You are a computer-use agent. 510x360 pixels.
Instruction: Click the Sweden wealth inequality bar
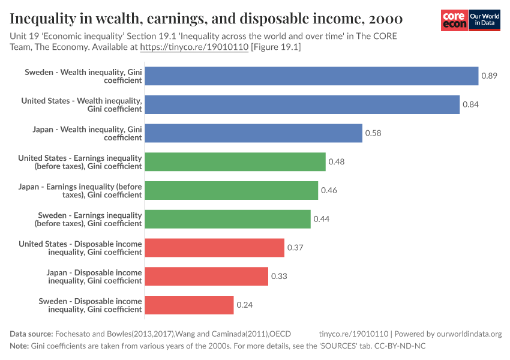coord(311,76)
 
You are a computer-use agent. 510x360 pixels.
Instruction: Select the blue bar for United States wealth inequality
coord(302,104)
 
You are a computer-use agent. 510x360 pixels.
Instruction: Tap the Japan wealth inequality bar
coord(254,133)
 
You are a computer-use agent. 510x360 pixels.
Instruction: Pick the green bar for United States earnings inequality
coord(235,162)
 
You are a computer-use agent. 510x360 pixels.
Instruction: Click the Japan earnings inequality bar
coord(232,191)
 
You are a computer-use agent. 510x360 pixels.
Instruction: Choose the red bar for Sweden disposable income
coord(189,305)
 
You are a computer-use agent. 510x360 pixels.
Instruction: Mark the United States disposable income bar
coord(215,247)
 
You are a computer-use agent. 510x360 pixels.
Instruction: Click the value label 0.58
coord(373,133)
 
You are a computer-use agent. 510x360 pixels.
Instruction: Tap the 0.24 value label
coord(244,305)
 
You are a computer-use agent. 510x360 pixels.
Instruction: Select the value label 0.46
coord(329,191)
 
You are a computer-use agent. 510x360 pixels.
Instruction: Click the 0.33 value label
coord(279,276)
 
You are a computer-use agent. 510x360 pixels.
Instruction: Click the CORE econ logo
coord(454,20)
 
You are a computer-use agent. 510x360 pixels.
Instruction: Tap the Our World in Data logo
coord(485,20)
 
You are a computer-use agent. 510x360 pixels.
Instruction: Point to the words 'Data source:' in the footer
coord(31,334)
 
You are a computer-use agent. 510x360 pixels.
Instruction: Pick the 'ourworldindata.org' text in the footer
coord(466,334)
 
